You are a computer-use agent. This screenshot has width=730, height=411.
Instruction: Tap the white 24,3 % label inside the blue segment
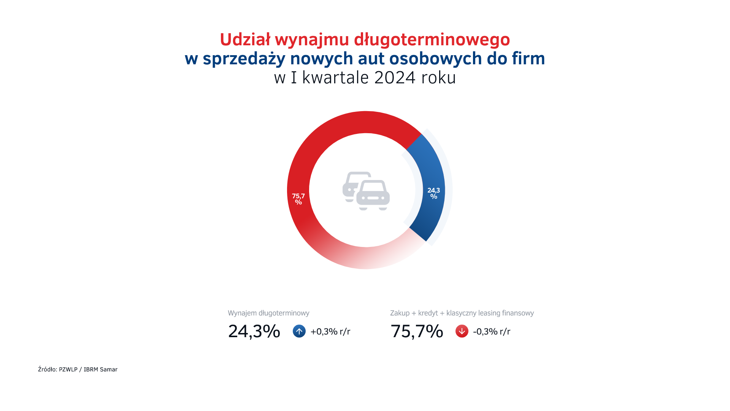click(433, 193)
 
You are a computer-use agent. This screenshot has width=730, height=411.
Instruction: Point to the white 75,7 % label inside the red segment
click(298, 199)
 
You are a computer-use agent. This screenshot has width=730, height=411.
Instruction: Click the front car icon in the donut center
click(373, 195)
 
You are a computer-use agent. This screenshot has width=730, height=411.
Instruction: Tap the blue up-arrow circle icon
click(299, 331)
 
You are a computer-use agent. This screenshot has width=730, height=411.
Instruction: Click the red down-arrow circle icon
click(462, 331)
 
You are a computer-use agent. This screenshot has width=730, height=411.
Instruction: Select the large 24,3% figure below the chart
click(254, 331)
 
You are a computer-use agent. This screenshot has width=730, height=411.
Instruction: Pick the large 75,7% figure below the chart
click(417, 331)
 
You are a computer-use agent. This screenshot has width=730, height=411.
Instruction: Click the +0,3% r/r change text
click(330, 331)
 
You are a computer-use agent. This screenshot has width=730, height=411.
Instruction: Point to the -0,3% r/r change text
click(492, 331)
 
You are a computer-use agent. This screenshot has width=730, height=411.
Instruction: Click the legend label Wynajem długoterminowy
click(268, 313)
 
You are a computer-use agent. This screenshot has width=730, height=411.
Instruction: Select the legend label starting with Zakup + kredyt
click(462, 313)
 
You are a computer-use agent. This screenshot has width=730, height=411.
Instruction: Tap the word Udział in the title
click(245, 39)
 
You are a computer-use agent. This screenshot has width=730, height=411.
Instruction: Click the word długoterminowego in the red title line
click(432, 40)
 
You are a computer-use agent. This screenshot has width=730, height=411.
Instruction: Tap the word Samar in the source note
click(109, 370)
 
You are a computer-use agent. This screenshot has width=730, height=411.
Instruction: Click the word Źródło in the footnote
click(47, 370)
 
